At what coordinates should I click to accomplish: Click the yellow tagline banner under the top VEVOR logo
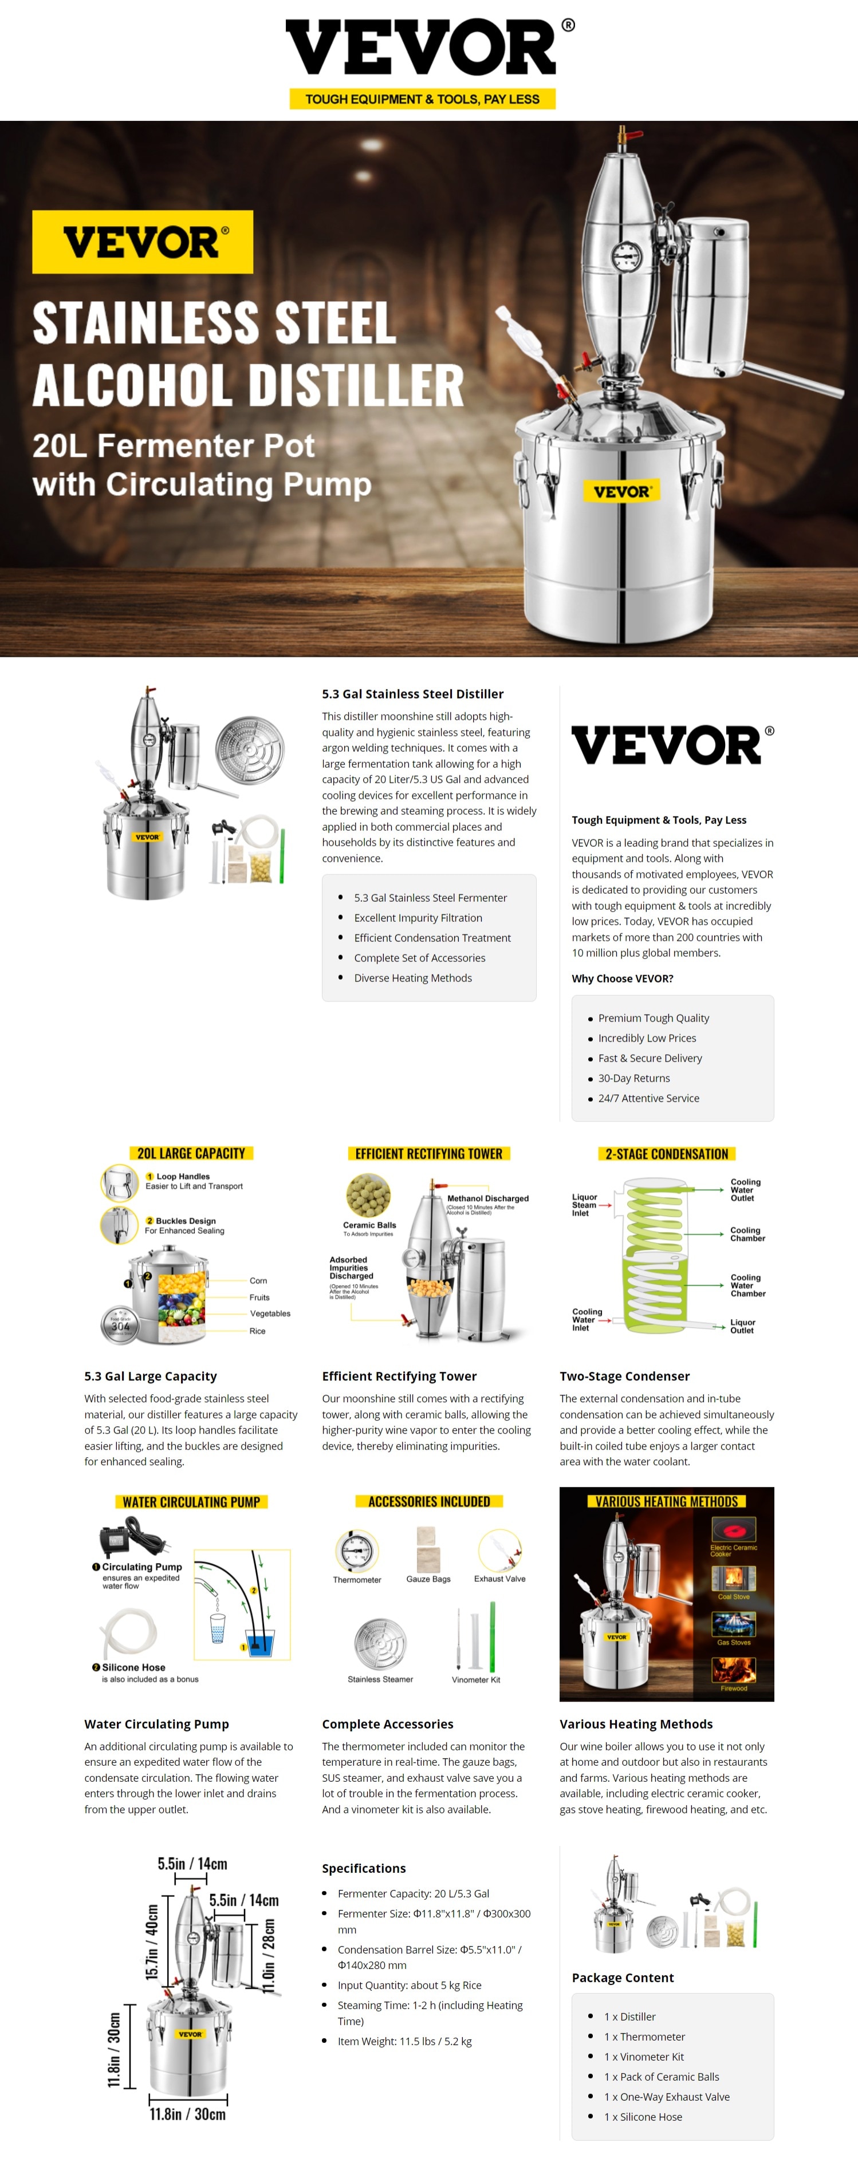click(x=422, y=99)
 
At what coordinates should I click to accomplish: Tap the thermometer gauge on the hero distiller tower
click(x=626, y=256)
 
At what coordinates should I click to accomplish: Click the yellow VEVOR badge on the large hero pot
click(x=621, y=491)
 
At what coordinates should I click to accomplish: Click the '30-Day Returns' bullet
click(x=634, y=1078)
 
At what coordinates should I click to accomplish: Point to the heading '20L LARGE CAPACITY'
click(x=191, y=1153)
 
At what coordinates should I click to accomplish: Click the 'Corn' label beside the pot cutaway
click(x=258, y=1280)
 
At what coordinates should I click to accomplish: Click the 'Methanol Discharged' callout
click(x=487, y=1198)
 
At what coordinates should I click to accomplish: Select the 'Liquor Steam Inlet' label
click(x=584, y=1204)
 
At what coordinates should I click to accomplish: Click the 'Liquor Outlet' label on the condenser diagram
click(x=742, y=1325)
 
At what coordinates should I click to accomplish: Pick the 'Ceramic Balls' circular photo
click(x=368, y=1195)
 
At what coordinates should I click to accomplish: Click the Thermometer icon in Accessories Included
click(x=357, y=1550)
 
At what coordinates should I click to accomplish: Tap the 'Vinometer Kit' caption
click(x=475, y=1679)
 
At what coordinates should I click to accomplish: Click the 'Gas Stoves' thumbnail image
click(x=734, y=1623)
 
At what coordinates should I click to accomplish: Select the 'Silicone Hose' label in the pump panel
click(x=133, y=1667)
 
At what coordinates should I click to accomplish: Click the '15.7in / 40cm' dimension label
click(x=152, y=1941)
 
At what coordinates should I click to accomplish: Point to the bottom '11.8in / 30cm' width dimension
click(x=187, y=2113)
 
